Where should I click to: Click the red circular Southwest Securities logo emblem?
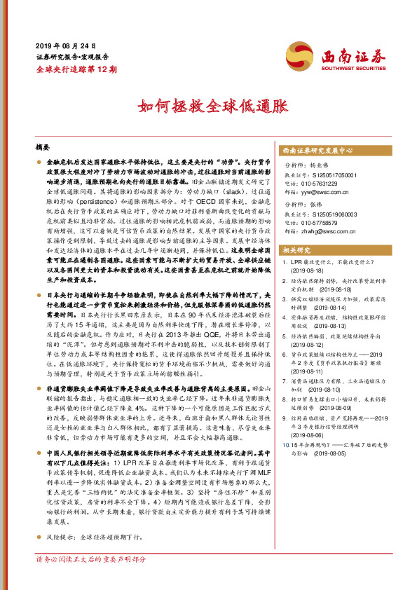point(298,54)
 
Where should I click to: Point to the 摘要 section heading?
point(45,149)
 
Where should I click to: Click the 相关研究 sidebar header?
point(296,249)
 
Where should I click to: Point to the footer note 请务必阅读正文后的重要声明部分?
point(90,579)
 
